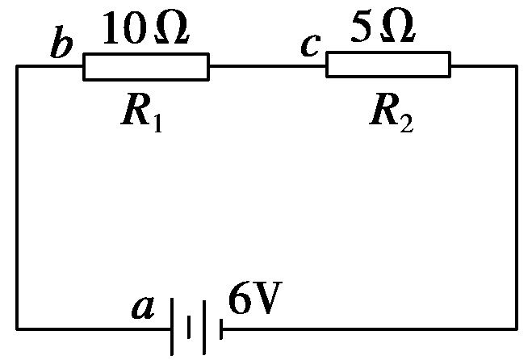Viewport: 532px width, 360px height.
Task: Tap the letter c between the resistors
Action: (311, 45)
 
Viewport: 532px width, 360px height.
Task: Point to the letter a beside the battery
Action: (143, 308)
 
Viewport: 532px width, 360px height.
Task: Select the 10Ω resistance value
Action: (145, 27)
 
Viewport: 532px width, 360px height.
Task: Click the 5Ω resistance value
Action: (383, 26)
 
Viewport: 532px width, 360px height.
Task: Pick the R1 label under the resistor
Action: (142, 113)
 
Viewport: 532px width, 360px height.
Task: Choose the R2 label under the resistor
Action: (392, 113)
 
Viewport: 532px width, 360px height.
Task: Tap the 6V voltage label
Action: (255, 298)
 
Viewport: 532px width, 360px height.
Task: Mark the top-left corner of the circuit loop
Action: (17, 66)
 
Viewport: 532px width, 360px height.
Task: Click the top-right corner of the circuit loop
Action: (517, 66)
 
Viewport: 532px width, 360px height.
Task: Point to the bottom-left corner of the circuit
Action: (17, 329)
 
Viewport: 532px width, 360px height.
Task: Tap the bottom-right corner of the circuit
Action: (517, 329)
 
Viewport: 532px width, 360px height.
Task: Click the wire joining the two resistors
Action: (268, 66)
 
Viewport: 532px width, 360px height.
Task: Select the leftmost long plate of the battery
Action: (172, 326)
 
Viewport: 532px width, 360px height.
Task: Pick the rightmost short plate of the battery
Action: (221, 329)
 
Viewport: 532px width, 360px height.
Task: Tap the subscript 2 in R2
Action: (406, 123)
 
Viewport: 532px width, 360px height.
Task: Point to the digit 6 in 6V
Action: (240, 298)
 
